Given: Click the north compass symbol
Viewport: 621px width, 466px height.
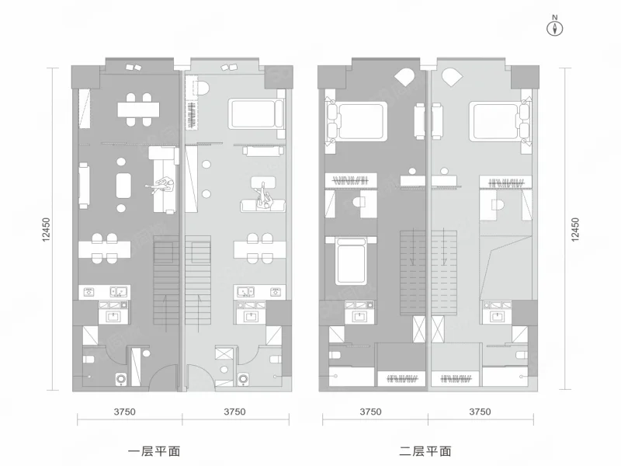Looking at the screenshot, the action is pyautogui.click(x=555, y=28).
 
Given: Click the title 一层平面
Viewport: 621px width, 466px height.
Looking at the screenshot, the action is pyautogui.click(x=154, y=451).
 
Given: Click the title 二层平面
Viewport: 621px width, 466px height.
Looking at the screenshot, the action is pyautogui.click(x=425, y=451).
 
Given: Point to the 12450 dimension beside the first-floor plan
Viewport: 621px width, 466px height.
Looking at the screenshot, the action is pyautogui.click(x=47, y=229).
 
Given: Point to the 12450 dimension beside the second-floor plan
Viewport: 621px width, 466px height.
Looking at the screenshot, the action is pyautogui.click(x=575, y=229).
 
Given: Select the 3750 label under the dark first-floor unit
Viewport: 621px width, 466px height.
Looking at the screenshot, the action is pyautogui.click(x=125, y=412).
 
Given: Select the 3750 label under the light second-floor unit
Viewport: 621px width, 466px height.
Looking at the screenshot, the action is pyautogui.click(x=480, y=412).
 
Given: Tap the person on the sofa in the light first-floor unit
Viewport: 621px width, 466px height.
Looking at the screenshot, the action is pyautogui.click(x=263, y=196).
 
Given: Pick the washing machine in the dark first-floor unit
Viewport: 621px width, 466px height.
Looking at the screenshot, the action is pyautogui.click(x=121, y=379).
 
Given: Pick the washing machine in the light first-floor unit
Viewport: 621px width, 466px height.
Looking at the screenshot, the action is pyautogui.click(x=243, y=379).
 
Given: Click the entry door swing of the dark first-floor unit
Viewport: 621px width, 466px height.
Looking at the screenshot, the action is pyautogui.click(x=162, y=375).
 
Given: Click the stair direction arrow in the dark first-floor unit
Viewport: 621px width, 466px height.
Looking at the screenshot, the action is pyautogui.click(x=165, y=314).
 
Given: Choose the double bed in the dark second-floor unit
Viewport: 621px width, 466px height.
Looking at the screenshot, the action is pyautogui.click(x=356, y=121).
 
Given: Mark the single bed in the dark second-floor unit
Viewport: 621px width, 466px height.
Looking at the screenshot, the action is pyautogui.click(x=351, y=260).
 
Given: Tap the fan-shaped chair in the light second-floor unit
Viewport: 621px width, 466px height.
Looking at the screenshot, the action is pyautogui.click(x=452, y=76).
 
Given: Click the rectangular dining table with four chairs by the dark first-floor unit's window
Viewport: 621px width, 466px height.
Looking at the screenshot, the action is pyautogui.click(x=138, y=110).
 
